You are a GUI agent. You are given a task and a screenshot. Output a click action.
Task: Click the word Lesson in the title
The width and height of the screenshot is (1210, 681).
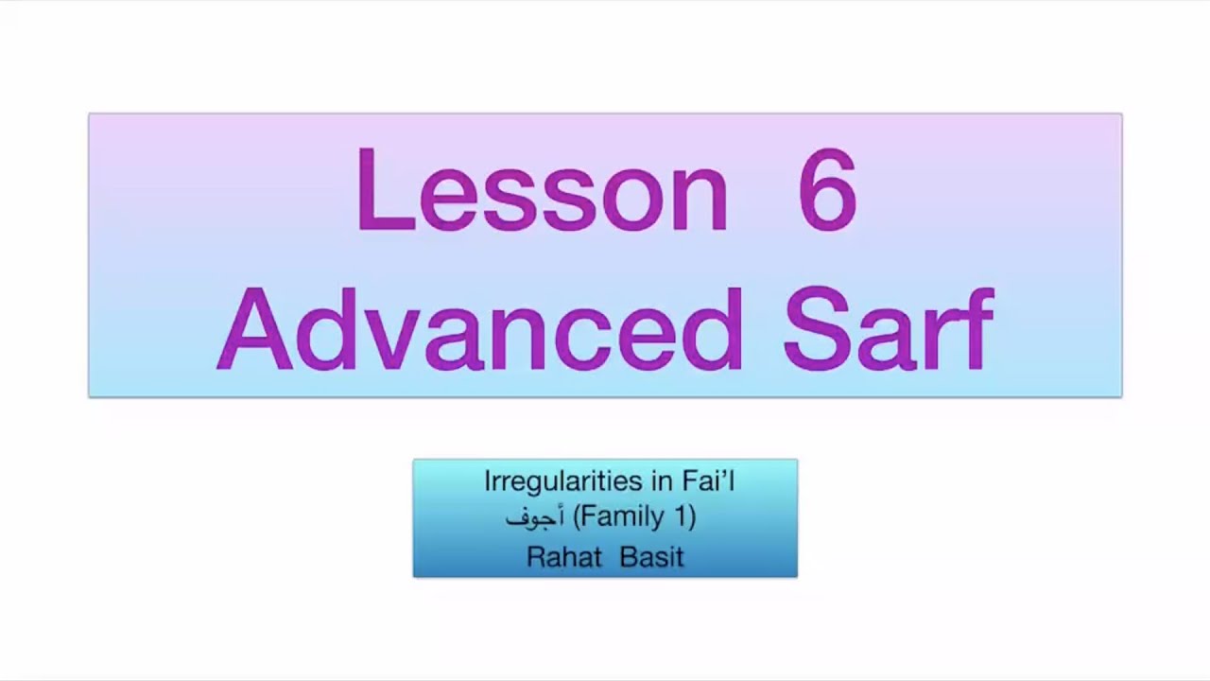tap(542, 189)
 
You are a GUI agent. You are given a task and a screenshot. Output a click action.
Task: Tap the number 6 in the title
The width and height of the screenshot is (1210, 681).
tap(827, 189)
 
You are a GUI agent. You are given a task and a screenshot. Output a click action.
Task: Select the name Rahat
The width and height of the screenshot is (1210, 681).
tap(563, 556)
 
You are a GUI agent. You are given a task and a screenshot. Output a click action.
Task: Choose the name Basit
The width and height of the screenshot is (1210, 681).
tap(651, 556)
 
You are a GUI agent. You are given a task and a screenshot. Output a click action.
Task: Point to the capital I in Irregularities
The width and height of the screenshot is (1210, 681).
tap(488, 481)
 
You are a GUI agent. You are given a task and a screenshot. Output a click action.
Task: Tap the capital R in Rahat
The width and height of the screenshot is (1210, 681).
tap(536, 556)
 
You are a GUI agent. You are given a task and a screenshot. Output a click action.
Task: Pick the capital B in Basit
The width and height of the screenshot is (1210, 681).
tap(628, 556)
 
